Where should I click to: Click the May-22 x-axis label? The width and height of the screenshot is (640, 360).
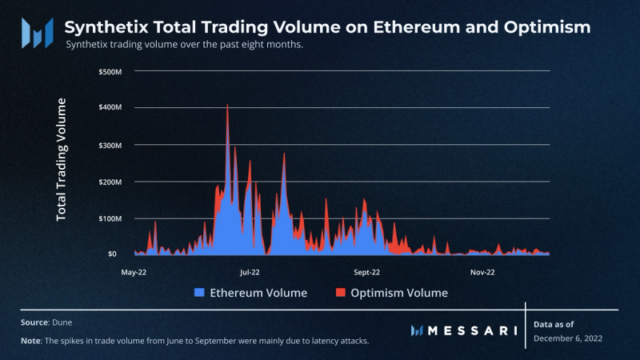tap(134, 272)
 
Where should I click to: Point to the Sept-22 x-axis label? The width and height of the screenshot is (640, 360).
tap(366, 272)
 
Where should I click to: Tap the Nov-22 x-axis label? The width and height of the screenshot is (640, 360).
tap(482, 272)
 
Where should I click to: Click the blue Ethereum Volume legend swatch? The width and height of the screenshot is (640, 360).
tap(200, 293)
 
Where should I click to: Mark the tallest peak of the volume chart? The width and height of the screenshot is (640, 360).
tap(227, 105)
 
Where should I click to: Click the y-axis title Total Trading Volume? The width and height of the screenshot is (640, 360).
tap(62, 159)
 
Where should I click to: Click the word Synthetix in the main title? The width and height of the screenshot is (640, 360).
tap(102, 27)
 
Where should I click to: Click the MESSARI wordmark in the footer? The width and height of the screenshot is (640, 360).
tap(472, 330)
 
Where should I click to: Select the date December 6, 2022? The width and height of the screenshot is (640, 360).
tap(567, 338)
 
